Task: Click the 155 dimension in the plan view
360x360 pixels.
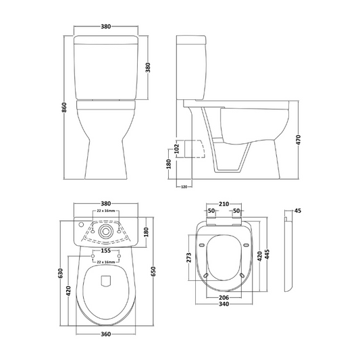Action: click(105, 249)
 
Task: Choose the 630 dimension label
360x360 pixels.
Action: click(60, 273)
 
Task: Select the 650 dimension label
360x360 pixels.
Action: click(153, 272)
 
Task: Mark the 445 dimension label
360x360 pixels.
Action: click(268, 255)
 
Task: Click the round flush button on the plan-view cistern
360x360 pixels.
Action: click(105, 230)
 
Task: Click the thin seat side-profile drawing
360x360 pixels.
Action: click(287, 257)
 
